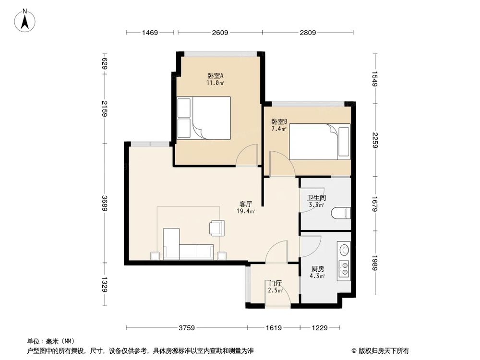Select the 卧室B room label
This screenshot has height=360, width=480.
coord(279,122)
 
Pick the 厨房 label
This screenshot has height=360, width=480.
coord(317,269)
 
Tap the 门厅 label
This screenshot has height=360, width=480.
coord(276,283)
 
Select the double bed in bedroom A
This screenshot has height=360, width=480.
coord(204,118)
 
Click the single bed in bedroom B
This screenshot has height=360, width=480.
coord(319,141)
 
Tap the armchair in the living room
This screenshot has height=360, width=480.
coord(216,228)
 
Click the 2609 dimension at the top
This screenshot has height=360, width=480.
coord(220,33)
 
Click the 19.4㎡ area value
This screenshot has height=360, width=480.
coord(246,211)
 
